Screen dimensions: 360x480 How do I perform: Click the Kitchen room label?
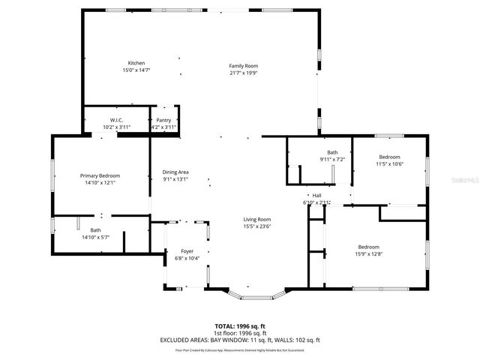pyautogui.click(x=136, y=63)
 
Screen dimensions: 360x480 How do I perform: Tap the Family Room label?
pyautogui.click(x=243, y=66)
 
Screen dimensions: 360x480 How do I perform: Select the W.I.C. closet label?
pyautogui.click(x=116, y=120)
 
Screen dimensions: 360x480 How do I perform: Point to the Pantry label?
pyautogui.click(x=163, y=120)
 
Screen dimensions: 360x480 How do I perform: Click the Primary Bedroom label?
pyautogui.click(x=100, y=175)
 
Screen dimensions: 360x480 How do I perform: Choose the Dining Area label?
pyautogui.click(x=175, y=172)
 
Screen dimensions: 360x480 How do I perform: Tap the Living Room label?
pyautogui.click(x=256, y=219)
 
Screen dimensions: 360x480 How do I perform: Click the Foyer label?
pyautogui.click(x=187, y=251)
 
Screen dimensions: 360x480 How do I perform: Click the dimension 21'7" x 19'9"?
pyautogui.click(x=243, y=73)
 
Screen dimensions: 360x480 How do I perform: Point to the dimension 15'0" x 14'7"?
pyautogui.click(x=136, y=70)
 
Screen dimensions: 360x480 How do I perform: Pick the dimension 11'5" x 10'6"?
pyautogui.click(x=389, y=163)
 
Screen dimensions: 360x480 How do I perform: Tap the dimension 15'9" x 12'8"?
pyautogui.click(x=368, y=253)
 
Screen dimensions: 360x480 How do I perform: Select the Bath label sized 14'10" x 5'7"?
pyautogui.click(x=96, y=230)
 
